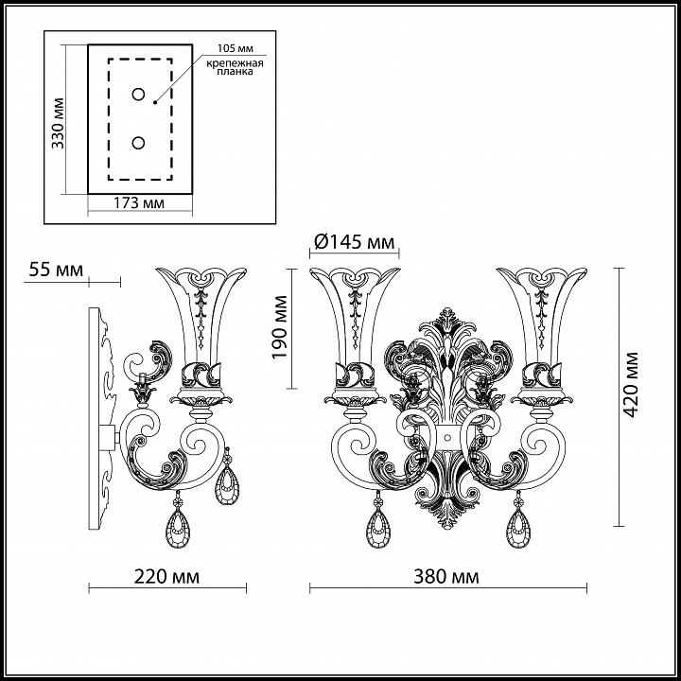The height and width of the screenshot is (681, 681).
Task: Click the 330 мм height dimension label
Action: pyautogui.click(x=58, y=123)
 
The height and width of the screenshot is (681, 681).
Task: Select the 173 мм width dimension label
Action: pyautogui.click(x=139, y=202)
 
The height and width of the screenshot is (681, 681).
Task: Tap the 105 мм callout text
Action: pyautogui.click(x=236, y=48)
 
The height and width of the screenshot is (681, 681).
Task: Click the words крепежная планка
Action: pyautogui.click(x=235, y=67)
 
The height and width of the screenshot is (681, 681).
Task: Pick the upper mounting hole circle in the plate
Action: pyautogui.click(x=138, y=95)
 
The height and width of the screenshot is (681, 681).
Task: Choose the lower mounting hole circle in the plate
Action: pyautogui.click(x=138, y=143)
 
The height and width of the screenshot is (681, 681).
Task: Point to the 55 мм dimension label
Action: pyautogui.click(x=56, y=270)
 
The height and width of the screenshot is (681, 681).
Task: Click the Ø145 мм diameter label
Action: pyautogui.click(x=354, y=241)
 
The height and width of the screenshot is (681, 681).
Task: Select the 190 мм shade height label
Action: pyautogui.click(x=280, y=327)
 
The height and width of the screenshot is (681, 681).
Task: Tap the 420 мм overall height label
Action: pyautogui.click(x=630, y=384)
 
